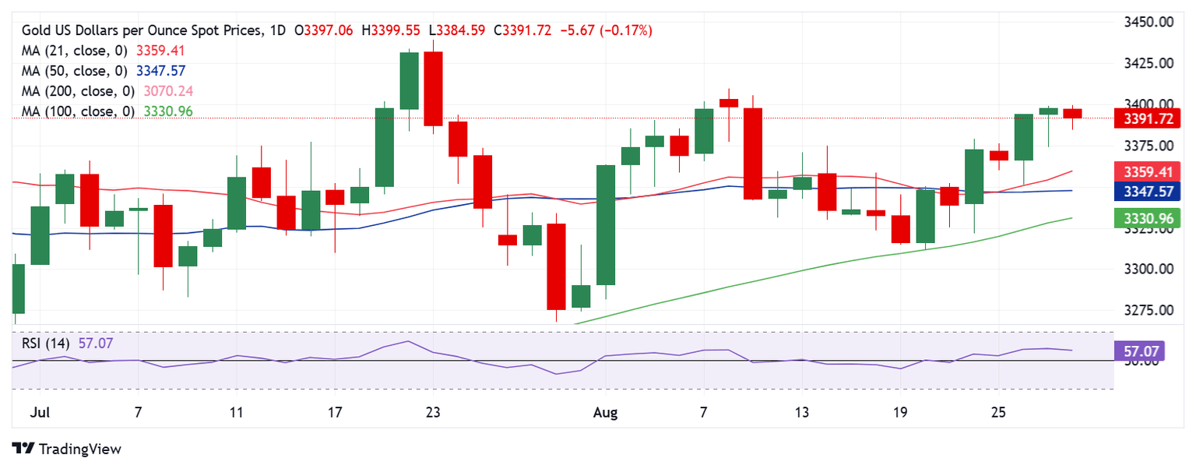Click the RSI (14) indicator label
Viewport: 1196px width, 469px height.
pos(46,342)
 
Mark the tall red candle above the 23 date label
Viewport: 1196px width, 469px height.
pos(434,88)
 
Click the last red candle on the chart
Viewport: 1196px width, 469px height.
pos(1073,114)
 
